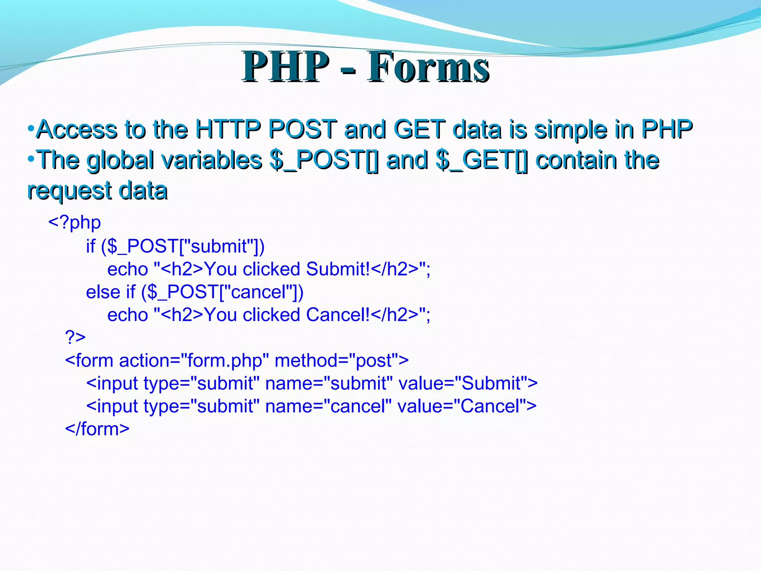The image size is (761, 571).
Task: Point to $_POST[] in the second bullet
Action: pyautogui.click(x=324, y=160)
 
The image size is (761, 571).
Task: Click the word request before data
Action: pyautogui.click(x=70, y=191)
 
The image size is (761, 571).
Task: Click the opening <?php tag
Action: pyautogui.click(x=74, y=223)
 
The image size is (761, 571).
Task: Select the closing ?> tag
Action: pyautogui.click(x=75, y=337)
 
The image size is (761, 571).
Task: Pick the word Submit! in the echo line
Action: pyautogui.click(x=338, y=269)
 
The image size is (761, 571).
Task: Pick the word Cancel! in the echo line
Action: pyautogui.click(x=338, y=315)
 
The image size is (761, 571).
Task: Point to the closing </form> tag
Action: pyautogui.click(x=97, y=429)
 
